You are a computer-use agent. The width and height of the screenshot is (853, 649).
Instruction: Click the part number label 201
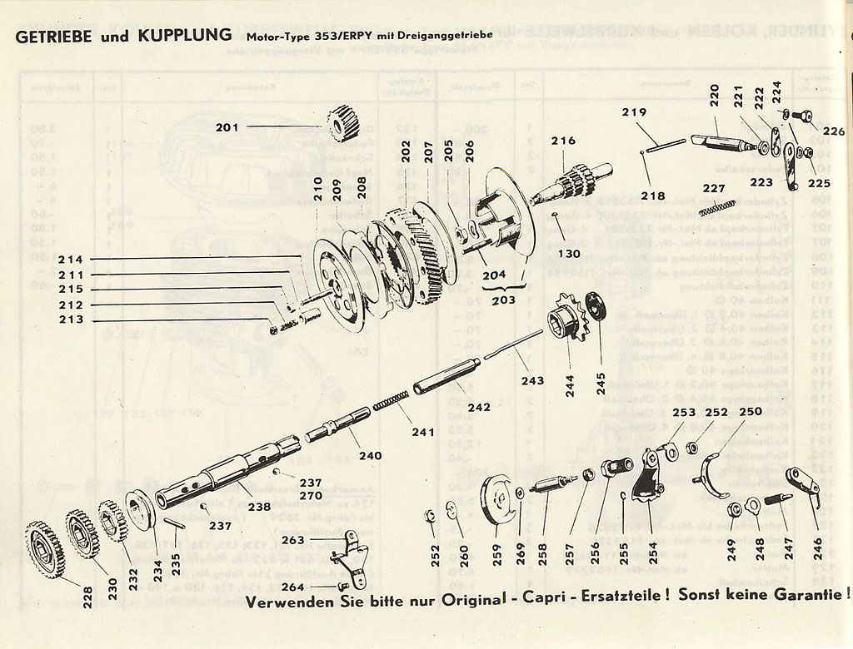pyautogui.click(x=227, y=127)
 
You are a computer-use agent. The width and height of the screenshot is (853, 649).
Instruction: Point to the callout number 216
pyautogui.click(x=563, y=141)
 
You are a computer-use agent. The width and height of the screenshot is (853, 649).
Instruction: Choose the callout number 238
pyautogui.click(x=258, y=506)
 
